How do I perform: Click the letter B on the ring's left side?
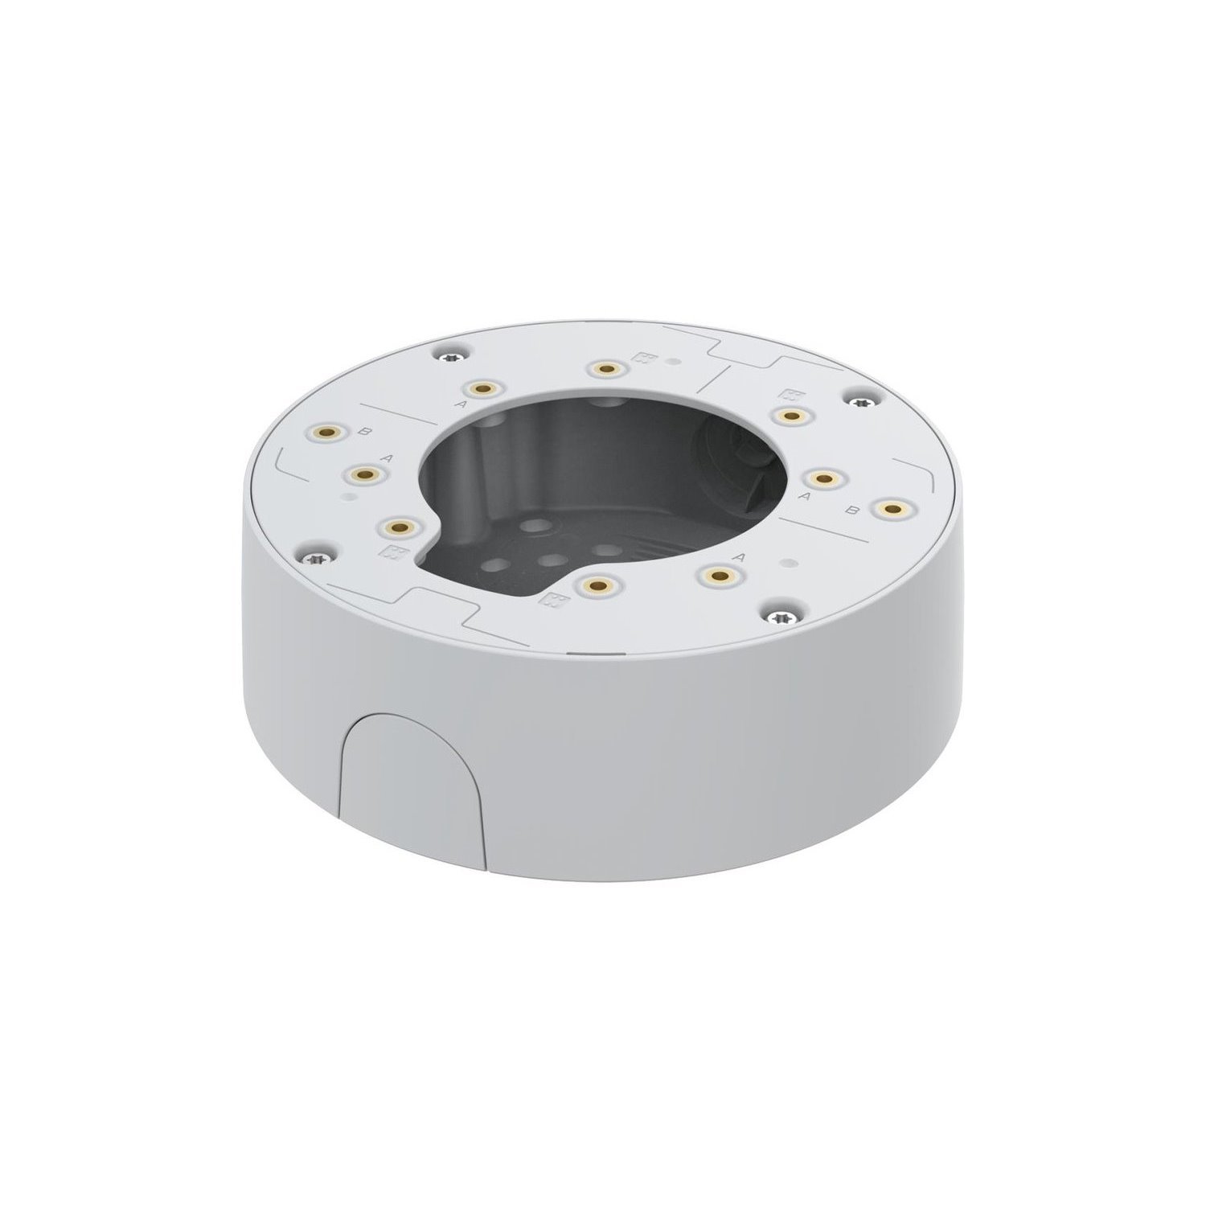(368, 433)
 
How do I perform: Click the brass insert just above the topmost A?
(482, 389)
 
